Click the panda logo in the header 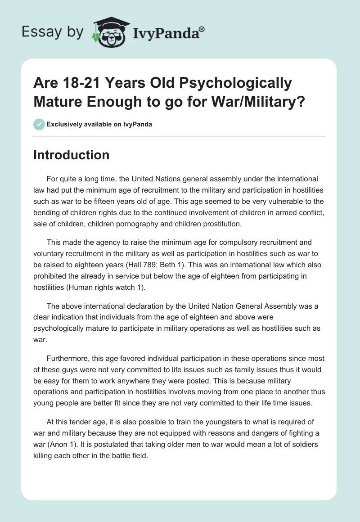109,32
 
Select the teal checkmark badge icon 39,124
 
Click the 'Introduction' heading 72,155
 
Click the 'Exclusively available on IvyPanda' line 99,124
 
